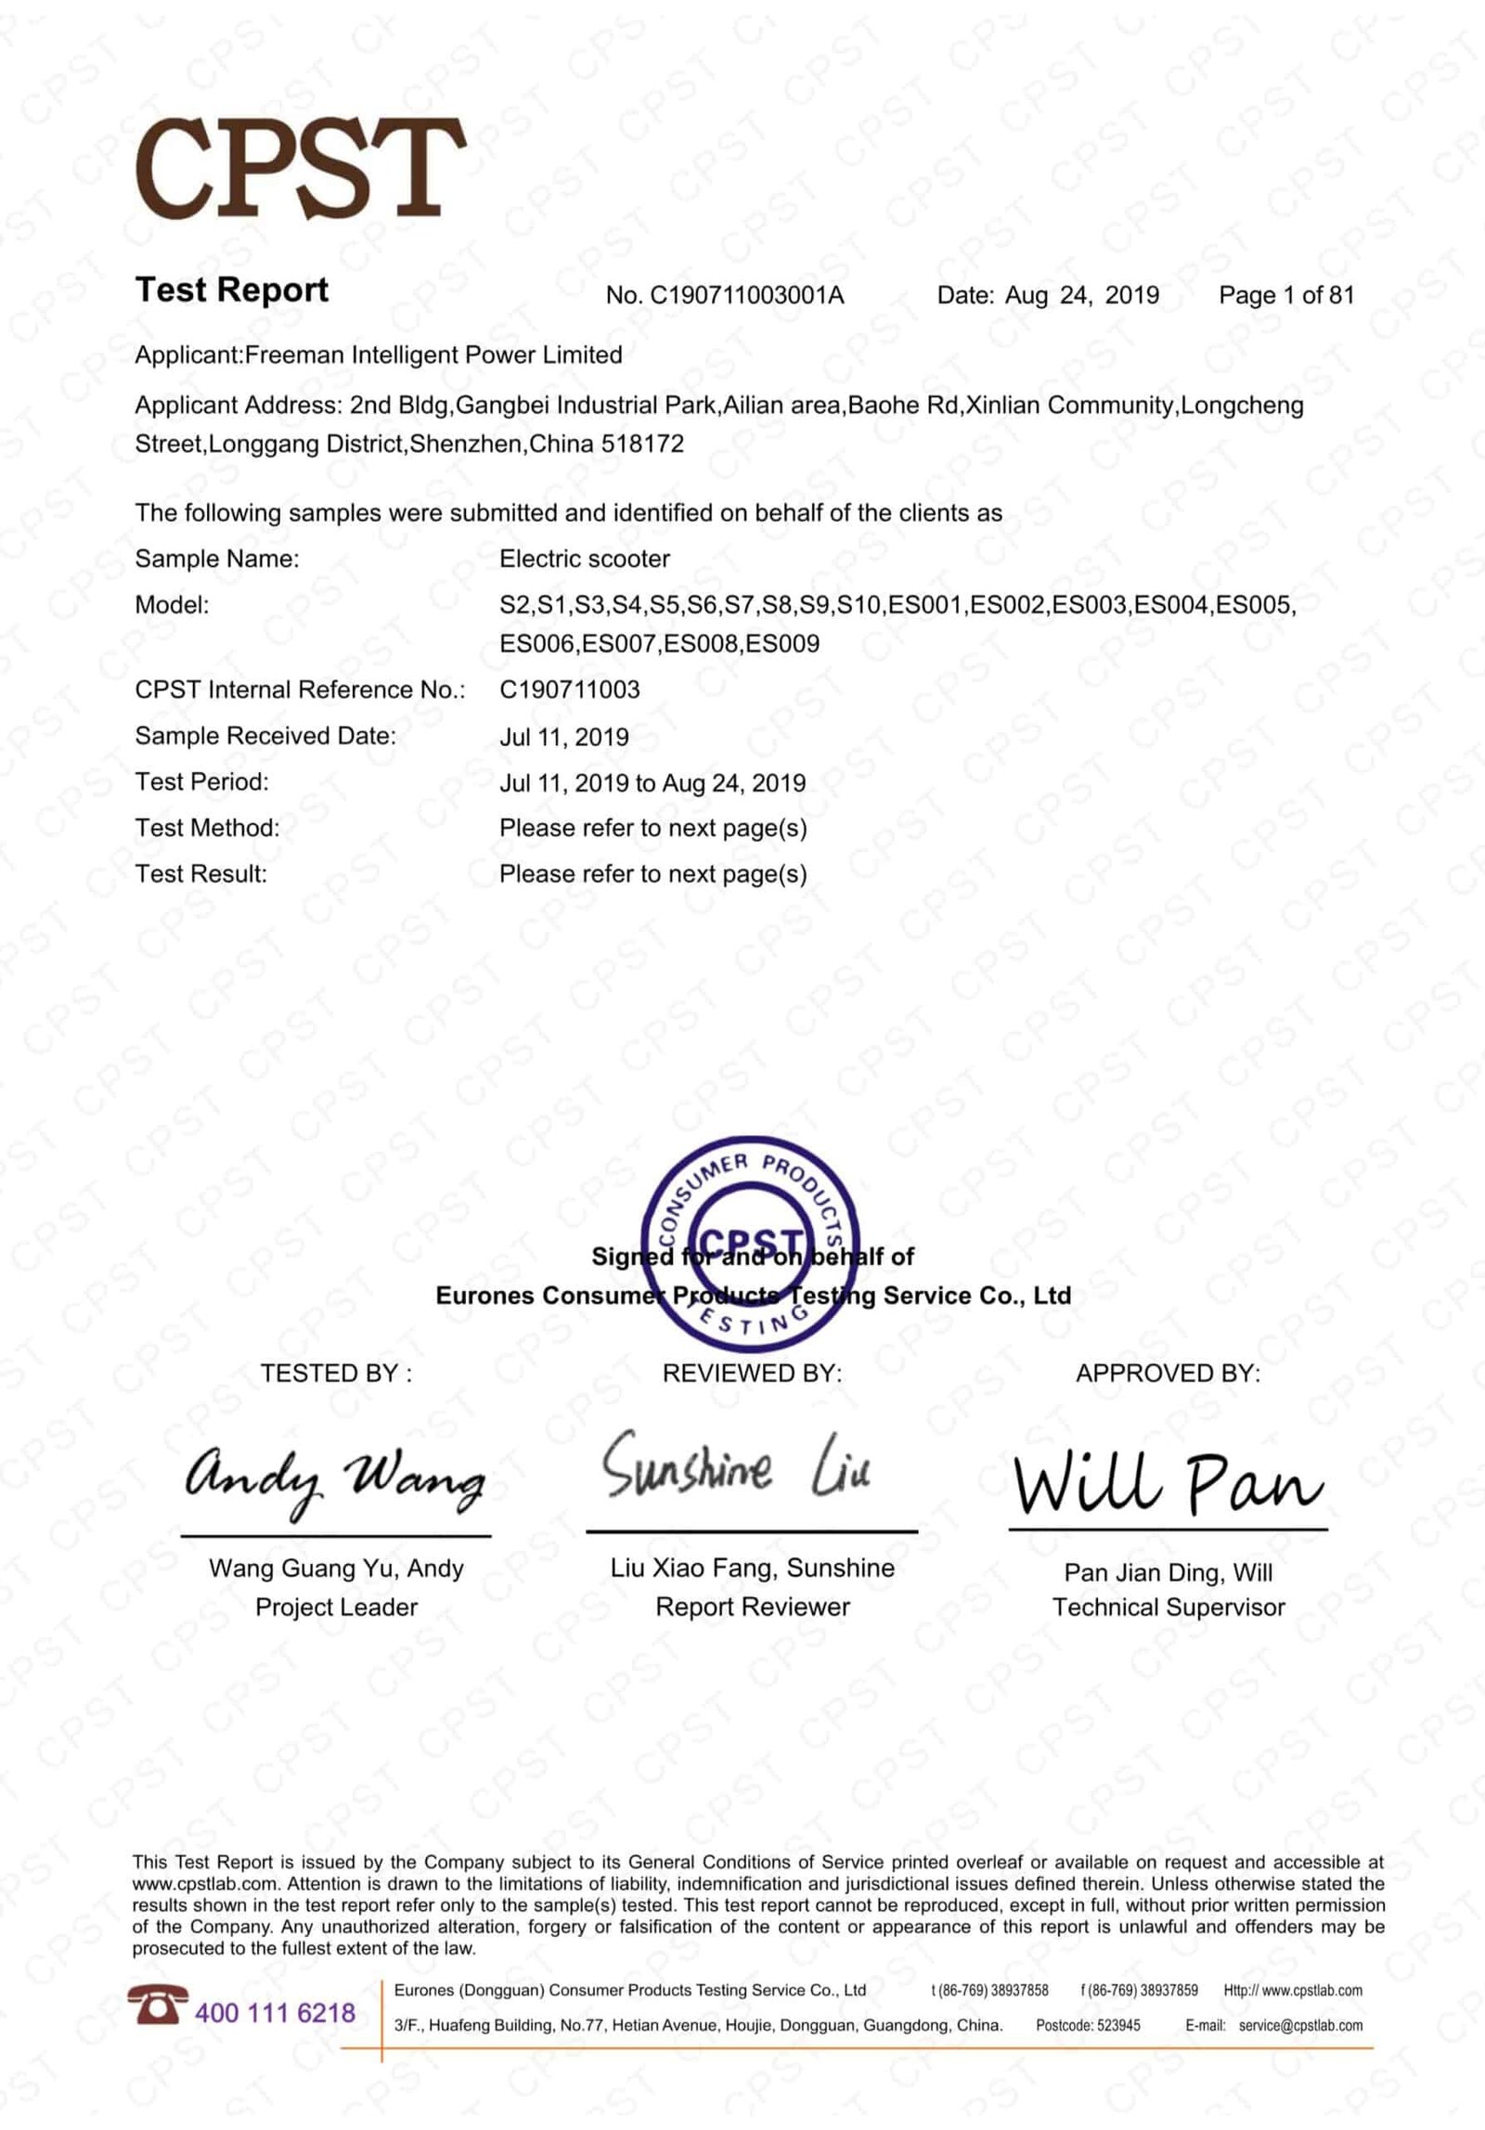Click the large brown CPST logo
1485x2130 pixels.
tap(300, 169)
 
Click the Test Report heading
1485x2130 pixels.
tap(231, 290)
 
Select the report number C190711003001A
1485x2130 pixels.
tap(746, 296)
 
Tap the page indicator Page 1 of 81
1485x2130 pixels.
tap(1285, 296)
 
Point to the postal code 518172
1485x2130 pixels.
tap(642, 444)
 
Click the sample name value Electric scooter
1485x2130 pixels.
tap(584, 559)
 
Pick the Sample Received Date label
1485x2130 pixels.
tap(265, 736)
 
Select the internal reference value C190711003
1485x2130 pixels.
tap(569, 690)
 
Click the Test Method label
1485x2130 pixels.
tap(207, 828)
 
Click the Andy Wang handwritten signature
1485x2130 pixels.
tap(334, 1478)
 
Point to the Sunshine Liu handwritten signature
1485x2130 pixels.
tap(736, 1467)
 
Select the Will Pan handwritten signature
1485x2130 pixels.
tap(1168, 1482)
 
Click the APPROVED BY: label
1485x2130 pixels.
tap(1168, 1374)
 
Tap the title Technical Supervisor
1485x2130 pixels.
tap(1168, 1607)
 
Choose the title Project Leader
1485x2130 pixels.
tap(336, 1607)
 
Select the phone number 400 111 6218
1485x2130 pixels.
tap(275, 2013)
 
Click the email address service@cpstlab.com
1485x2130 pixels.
tap(1300, 2025)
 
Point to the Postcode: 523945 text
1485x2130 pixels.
tap(1088, 2025)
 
